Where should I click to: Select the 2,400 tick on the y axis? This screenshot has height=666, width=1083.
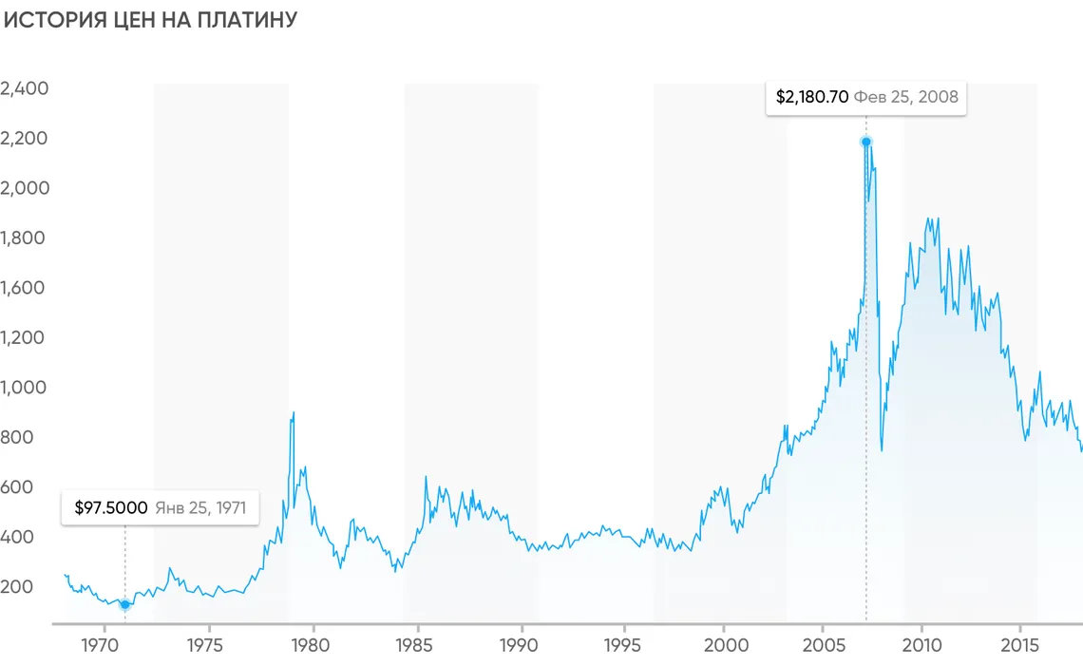point(25,88)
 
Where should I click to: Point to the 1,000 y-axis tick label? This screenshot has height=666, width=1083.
point(25,388)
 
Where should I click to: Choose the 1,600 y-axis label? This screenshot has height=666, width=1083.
point(25,288)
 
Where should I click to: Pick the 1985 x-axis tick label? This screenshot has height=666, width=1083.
point(414,645)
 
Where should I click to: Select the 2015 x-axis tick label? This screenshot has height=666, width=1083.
point(1019,645)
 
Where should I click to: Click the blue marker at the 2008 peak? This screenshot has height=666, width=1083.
point(865,142)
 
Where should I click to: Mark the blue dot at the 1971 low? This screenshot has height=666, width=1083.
point(124,604)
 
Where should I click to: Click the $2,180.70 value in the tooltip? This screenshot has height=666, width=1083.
point(811,97)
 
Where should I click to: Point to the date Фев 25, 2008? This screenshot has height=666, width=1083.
point(905,97)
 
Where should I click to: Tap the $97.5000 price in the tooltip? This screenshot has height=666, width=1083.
point(111,508)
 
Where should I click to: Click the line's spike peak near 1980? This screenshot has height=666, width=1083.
point(294,412)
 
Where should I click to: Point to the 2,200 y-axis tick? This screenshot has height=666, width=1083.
point(25,139)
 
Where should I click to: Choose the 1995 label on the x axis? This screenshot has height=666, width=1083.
point(623,645)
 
